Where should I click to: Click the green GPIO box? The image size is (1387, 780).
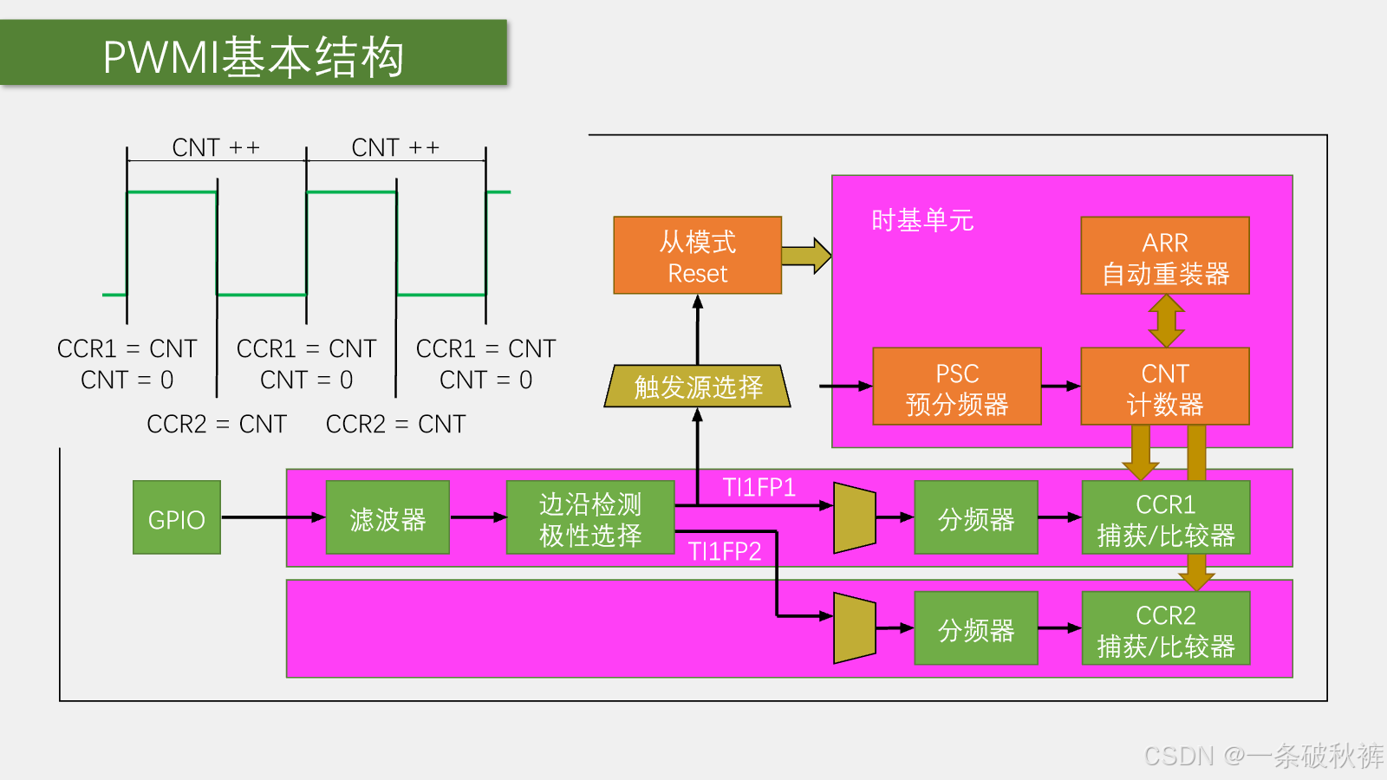pyautogui.click(x=177, y=517)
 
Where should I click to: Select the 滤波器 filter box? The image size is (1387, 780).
pyautogui.click(x=387, y=517)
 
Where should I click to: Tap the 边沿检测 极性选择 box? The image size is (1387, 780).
pyautogui.click(x=590, y=517)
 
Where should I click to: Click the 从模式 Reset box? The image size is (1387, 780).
pyautogui.click(x=697, y=255)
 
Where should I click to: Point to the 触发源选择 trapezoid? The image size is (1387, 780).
pyautogui.click(x=697, y=387)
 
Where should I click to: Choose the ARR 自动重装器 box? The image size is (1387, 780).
pyautogui.click(x=1165, y=255)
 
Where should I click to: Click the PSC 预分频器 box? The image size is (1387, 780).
pyautogui.click(x=957, y=387)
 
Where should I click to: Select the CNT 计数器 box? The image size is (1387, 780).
pyautogui.click(x=1165, y=387)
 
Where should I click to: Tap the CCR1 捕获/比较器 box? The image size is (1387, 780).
pyautogui.click(x=1166, y=517)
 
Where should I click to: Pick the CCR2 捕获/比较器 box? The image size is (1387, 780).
pyautogui.click(x=1166, y=628)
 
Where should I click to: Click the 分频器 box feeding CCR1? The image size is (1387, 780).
pyautogui.click(x=976, y=517)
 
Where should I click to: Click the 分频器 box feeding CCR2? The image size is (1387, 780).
pyautogui.click(x=976, y=628)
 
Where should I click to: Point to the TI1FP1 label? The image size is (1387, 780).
pyautogui.click(x=759, y=488)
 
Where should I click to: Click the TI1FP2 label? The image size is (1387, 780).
pyautogui.click(x=725, y=551)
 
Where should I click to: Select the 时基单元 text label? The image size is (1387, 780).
pyautogui.click(x=922, y=220)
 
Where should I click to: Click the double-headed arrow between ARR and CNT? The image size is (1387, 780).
pyautogui.click(x=1166, y=321)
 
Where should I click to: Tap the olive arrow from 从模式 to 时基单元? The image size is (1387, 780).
pyautogui.click(x=806, y=255)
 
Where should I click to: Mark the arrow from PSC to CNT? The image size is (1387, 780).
pyautogui.click(x=1061, y=387)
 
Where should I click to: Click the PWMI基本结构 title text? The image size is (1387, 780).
pyautogui.click(x=253, y=57)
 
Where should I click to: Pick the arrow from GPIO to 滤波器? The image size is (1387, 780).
pyautogui.click(x=274, y=517)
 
